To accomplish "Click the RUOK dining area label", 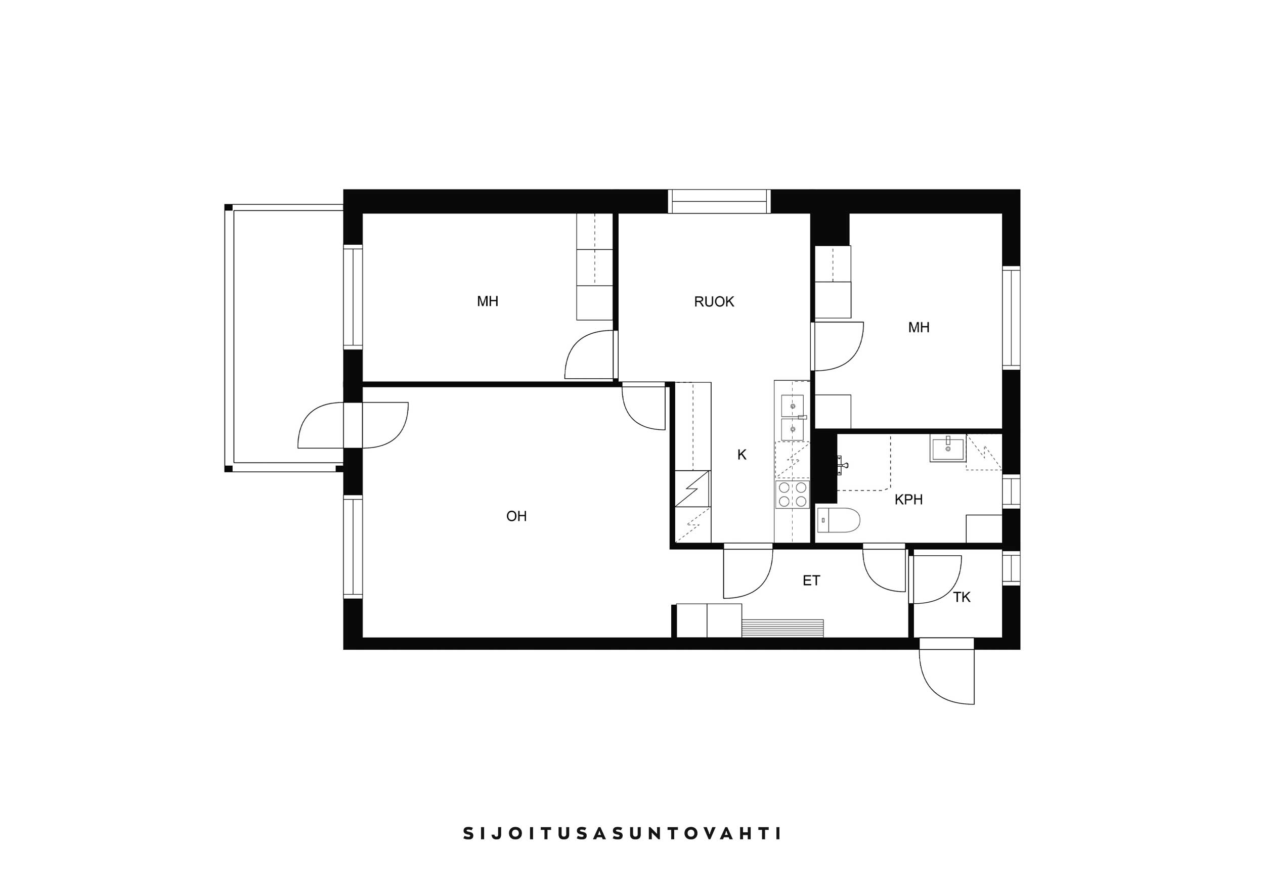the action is [x=714, y=302].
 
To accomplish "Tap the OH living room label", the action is [x=516, y=516].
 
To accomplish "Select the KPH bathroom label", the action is [x=908, y=500].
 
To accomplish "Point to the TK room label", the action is [x=962, y=597].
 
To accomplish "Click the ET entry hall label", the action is [x=811, y=581].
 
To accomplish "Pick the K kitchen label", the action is [x=742, y=455].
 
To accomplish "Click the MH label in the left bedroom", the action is [x=488, y=301].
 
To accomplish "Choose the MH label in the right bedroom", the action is [x=919, y=328].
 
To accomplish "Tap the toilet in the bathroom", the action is [x=838, y=520].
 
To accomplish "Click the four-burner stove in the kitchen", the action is [x=792, y=494].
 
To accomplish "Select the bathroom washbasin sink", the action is [x=947, y=448].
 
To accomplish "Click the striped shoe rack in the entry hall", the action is [x=782, y=628].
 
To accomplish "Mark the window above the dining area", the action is [x=719, y=201].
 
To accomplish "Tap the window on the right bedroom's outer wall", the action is [x=1011, y=318].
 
